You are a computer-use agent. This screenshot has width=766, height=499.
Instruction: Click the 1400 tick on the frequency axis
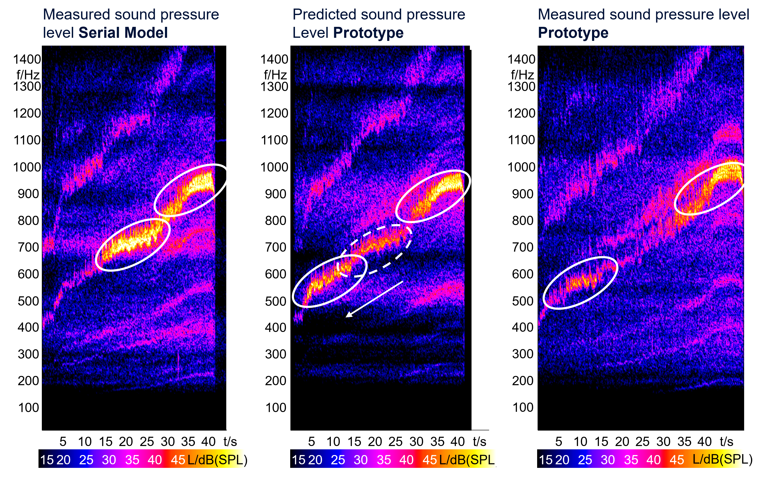pos(521,59)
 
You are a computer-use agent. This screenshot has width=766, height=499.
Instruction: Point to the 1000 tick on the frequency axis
pos(521,167)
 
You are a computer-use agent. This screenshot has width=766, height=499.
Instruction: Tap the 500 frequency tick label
pos(523,301)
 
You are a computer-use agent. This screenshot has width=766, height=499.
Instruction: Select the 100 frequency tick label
pos(523,408)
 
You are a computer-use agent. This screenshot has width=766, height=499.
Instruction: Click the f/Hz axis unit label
pos(522,75)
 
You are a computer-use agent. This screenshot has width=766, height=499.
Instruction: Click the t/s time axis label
pos(726,442)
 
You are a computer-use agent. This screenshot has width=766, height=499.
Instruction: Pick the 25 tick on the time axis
pos(642,442)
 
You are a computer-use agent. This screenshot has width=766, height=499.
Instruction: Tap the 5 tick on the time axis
pos(559,442)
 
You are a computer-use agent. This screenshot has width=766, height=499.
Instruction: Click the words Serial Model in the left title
pos(123,33)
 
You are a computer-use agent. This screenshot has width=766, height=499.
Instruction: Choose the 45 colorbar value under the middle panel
pos(429,460)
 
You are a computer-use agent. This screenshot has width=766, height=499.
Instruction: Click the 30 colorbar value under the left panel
pos(109,460)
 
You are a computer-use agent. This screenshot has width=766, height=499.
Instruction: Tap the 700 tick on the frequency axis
pos(523,247)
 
